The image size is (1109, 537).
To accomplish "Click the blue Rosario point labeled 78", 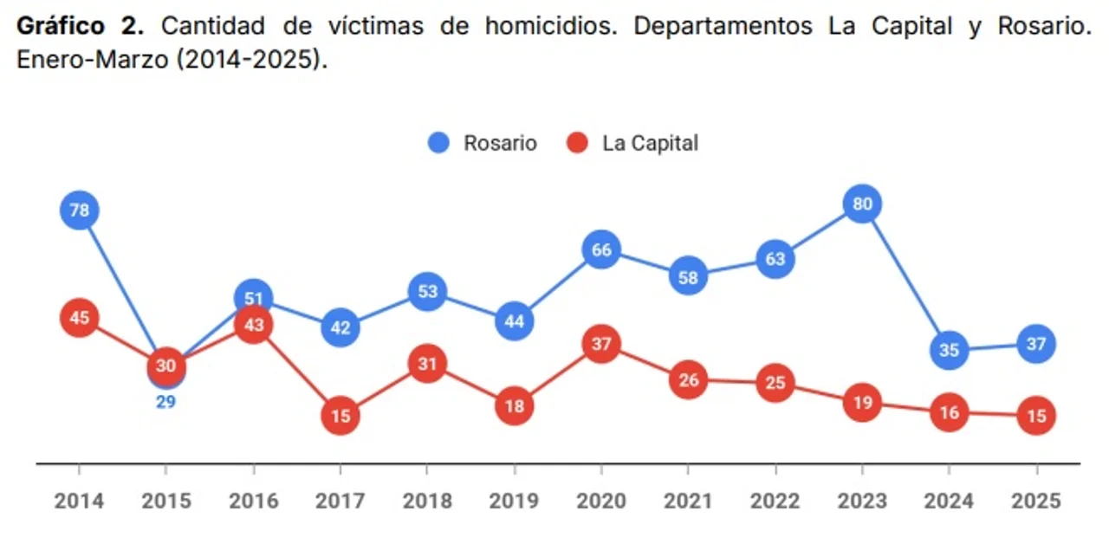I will [x=80, y=210].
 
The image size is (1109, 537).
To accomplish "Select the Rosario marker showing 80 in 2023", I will [x=862, y=204].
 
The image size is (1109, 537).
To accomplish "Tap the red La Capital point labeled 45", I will [x=80, y=318].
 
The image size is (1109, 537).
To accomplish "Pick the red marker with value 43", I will [x=254, y=325].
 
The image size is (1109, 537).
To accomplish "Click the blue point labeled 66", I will [x=601, y=250].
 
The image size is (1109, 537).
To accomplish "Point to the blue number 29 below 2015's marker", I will [x=165, y=402].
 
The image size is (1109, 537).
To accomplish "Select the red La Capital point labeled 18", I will [x=515, y=406].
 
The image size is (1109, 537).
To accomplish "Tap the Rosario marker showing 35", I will [x=950, y=351].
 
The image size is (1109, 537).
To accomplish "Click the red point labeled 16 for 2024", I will [x=950, y=413].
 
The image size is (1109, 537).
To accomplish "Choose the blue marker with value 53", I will [x=427, y=291].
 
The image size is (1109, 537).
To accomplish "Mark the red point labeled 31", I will [x=427, y=364].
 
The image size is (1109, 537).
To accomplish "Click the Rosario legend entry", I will [x=483, y=143].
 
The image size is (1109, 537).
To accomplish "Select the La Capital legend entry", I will [x=633, y=143].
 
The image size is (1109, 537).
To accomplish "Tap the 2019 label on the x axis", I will [x=514, y=501].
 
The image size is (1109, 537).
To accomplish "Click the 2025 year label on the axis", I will [x=1036, y=501].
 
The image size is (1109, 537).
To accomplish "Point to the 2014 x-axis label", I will [x=79, y=501].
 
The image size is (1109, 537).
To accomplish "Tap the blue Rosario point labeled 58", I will [x=689, y=277].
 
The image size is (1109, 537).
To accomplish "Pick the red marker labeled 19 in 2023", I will [x=862, y=403].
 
